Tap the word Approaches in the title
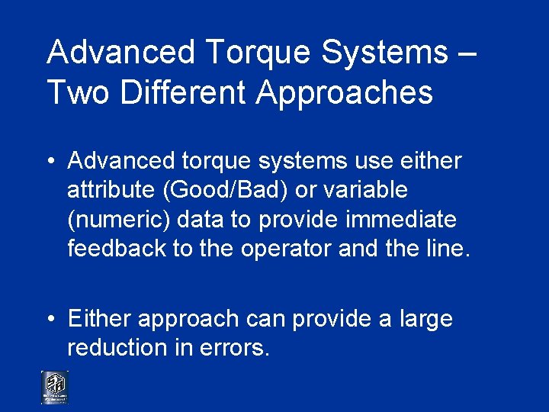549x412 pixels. pos(345,92)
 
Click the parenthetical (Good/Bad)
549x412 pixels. pos(220,191)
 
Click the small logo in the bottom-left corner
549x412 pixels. pos(55,388)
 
